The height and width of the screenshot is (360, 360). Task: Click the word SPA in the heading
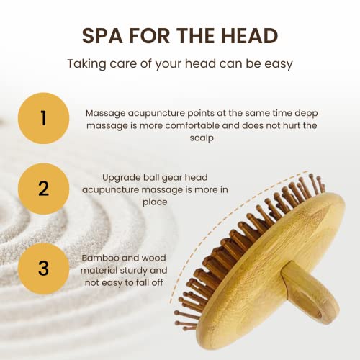[102, 36]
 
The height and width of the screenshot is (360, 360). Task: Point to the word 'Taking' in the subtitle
[86, 64]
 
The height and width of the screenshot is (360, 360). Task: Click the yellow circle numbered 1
[43, 118]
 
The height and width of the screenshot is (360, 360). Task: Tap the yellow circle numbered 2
[43, 189]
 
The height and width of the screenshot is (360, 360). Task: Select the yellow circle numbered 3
[43, 269]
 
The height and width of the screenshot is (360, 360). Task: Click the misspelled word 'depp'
[306, 114]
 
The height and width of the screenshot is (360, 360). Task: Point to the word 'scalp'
[202, 138]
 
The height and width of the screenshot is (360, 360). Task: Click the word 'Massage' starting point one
[106, 114]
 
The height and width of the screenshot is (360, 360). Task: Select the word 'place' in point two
[155, 202]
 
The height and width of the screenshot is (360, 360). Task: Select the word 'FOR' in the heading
[149, 36]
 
